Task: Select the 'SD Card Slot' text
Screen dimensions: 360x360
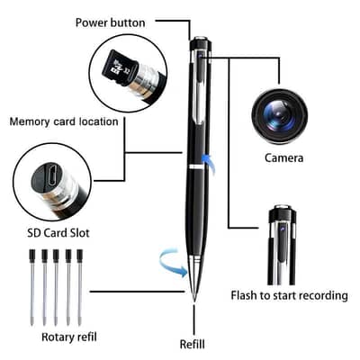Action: [56, 233]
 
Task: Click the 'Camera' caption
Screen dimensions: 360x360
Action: [283, 157]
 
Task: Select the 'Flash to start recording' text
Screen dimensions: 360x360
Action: [288, 296]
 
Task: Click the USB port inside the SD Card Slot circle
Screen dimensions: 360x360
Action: [52, 175]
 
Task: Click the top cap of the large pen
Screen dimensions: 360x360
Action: [198, 42]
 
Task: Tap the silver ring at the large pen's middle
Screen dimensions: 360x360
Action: [196, 168]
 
